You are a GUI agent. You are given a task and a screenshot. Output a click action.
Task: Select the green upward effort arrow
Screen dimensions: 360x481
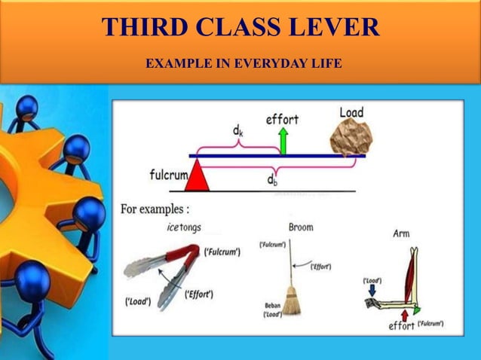tap(283, 140)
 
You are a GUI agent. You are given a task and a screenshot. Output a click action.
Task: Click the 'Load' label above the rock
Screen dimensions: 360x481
tap(351, 112)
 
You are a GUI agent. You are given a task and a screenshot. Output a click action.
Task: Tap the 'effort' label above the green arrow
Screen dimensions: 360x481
tap(282, 118)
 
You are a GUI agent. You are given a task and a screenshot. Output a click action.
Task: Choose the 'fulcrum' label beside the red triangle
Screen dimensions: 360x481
tap(167, 175)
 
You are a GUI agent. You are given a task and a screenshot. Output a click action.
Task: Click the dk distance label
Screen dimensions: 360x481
tap(237, 131)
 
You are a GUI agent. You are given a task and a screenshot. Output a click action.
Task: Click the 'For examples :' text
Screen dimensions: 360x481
tap(155, 209)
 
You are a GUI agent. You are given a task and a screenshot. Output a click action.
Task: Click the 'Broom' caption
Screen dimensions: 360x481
tap(301, 227)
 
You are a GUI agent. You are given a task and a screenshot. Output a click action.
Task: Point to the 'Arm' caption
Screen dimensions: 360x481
tap(401, 233)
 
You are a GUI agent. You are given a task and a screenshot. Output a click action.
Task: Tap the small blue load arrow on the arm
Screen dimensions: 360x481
tap(372, 291)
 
